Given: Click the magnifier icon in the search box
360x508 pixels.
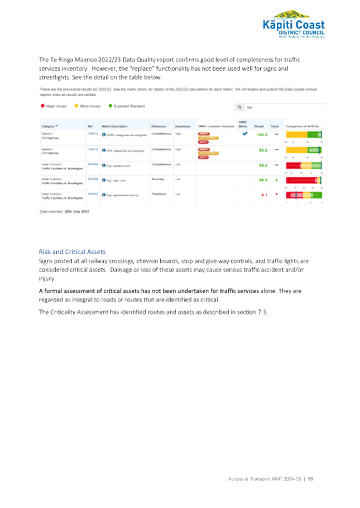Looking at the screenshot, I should coord(239,107).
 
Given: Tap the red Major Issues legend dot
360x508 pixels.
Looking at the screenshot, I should coord(42,105).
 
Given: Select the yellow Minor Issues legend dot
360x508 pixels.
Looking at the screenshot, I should coord(76,105).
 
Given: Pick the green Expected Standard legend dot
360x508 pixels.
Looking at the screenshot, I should coord(110,105).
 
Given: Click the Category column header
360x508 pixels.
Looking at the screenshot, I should coord(48,127).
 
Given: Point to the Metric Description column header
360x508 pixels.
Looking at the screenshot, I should coord(114,127).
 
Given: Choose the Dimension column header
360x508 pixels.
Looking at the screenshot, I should coord(158,127).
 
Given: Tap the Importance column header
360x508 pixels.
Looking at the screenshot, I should coord(182,127).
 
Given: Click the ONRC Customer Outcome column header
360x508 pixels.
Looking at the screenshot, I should coord(216,127).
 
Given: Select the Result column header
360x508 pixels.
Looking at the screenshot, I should coord(259,127).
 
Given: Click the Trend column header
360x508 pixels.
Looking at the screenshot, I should coord(275,127).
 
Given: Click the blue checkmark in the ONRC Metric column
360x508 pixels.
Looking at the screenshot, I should coord(244,134).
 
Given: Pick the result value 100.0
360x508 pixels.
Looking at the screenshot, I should coord(261,135).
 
